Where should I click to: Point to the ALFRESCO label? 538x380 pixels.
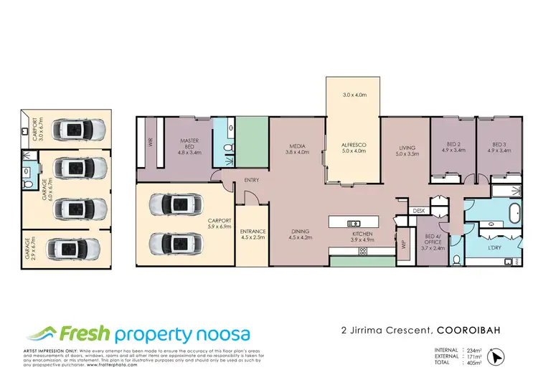(x=354, y=146)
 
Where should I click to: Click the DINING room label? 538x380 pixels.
(x=300, y=232)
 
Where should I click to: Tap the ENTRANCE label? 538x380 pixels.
(x=253, y=232)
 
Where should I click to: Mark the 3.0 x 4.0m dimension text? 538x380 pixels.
(x=354, y=95)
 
